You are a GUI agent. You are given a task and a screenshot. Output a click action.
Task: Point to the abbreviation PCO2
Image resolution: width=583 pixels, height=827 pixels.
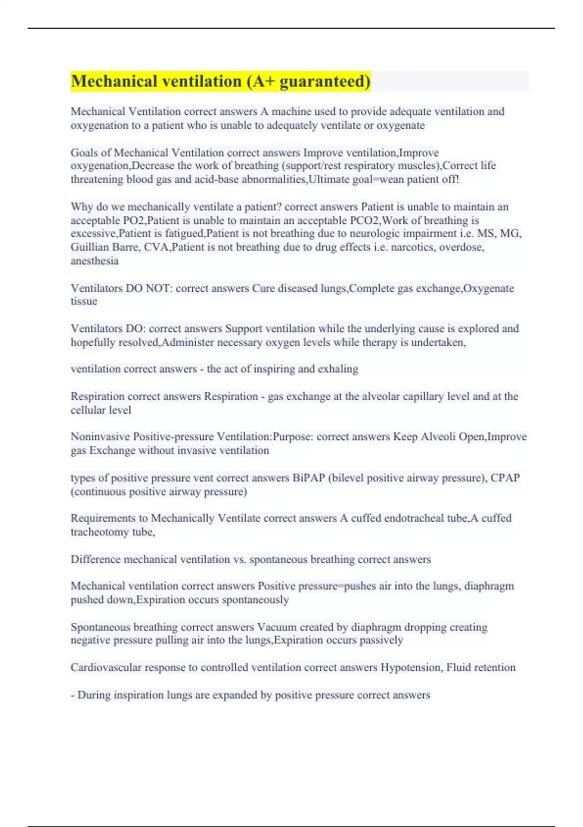point(365,220)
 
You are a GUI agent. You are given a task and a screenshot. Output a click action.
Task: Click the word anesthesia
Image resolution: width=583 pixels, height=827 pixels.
point(94,261)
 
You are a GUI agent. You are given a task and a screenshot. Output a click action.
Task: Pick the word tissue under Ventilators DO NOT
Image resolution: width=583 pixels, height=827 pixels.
point(84,301)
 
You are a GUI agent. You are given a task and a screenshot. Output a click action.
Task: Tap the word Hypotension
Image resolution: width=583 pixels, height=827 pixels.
point(411,667)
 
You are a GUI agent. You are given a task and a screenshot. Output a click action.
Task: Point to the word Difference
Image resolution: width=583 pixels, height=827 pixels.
point(95,559)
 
